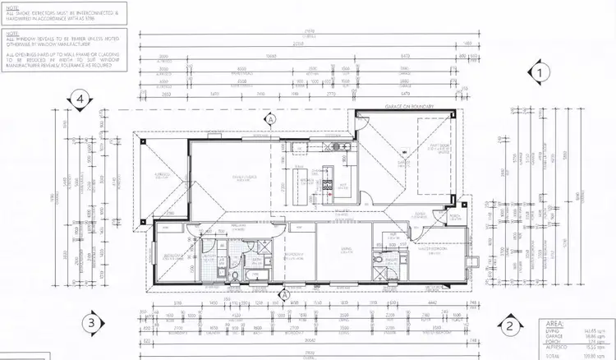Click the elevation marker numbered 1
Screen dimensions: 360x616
point(540,72)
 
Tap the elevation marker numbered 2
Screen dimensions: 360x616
point(509,325)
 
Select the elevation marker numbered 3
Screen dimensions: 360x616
point(94,322)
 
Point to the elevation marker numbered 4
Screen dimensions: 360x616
point(80,100)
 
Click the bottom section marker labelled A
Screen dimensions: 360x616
point(284,293)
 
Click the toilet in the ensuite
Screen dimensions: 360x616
point(377,261)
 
